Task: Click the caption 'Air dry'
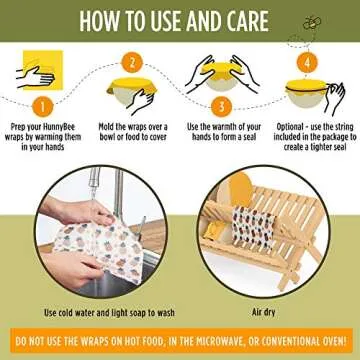tap(268, 313)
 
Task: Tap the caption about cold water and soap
tap(90, 313)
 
